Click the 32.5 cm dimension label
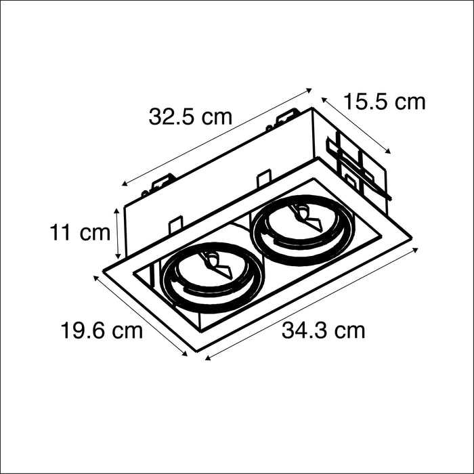[190, 116]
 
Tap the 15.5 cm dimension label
[384, 102]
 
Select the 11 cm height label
[79, 233]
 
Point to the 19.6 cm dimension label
[102, 331]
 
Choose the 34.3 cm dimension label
[323, 330]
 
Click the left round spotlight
[211, 275]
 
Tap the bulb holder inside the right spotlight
[308, 218]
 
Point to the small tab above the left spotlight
[175, 223]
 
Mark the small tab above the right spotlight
[264, 179]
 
